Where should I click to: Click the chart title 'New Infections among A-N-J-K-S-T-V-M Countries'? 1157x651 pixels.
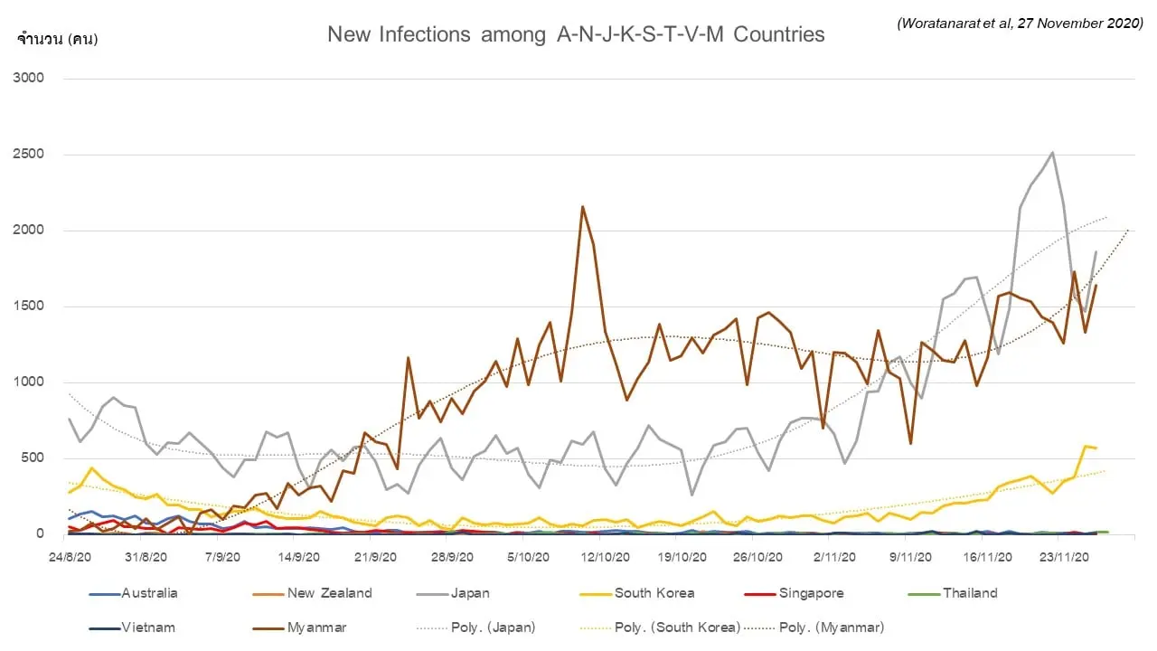click(x=576, y=34)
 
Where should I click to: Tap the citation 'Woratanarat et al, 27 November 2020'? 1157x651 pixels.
click(x=1021, y=24)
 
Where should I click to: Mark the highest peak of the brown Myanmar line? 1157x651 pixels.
click(x=582, y=206)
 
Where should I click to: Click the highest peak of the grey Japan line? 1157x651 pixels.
click(x=1052, y=152)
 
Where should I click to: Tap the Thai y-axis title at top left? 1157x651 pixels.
click(x=57, y=39)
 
